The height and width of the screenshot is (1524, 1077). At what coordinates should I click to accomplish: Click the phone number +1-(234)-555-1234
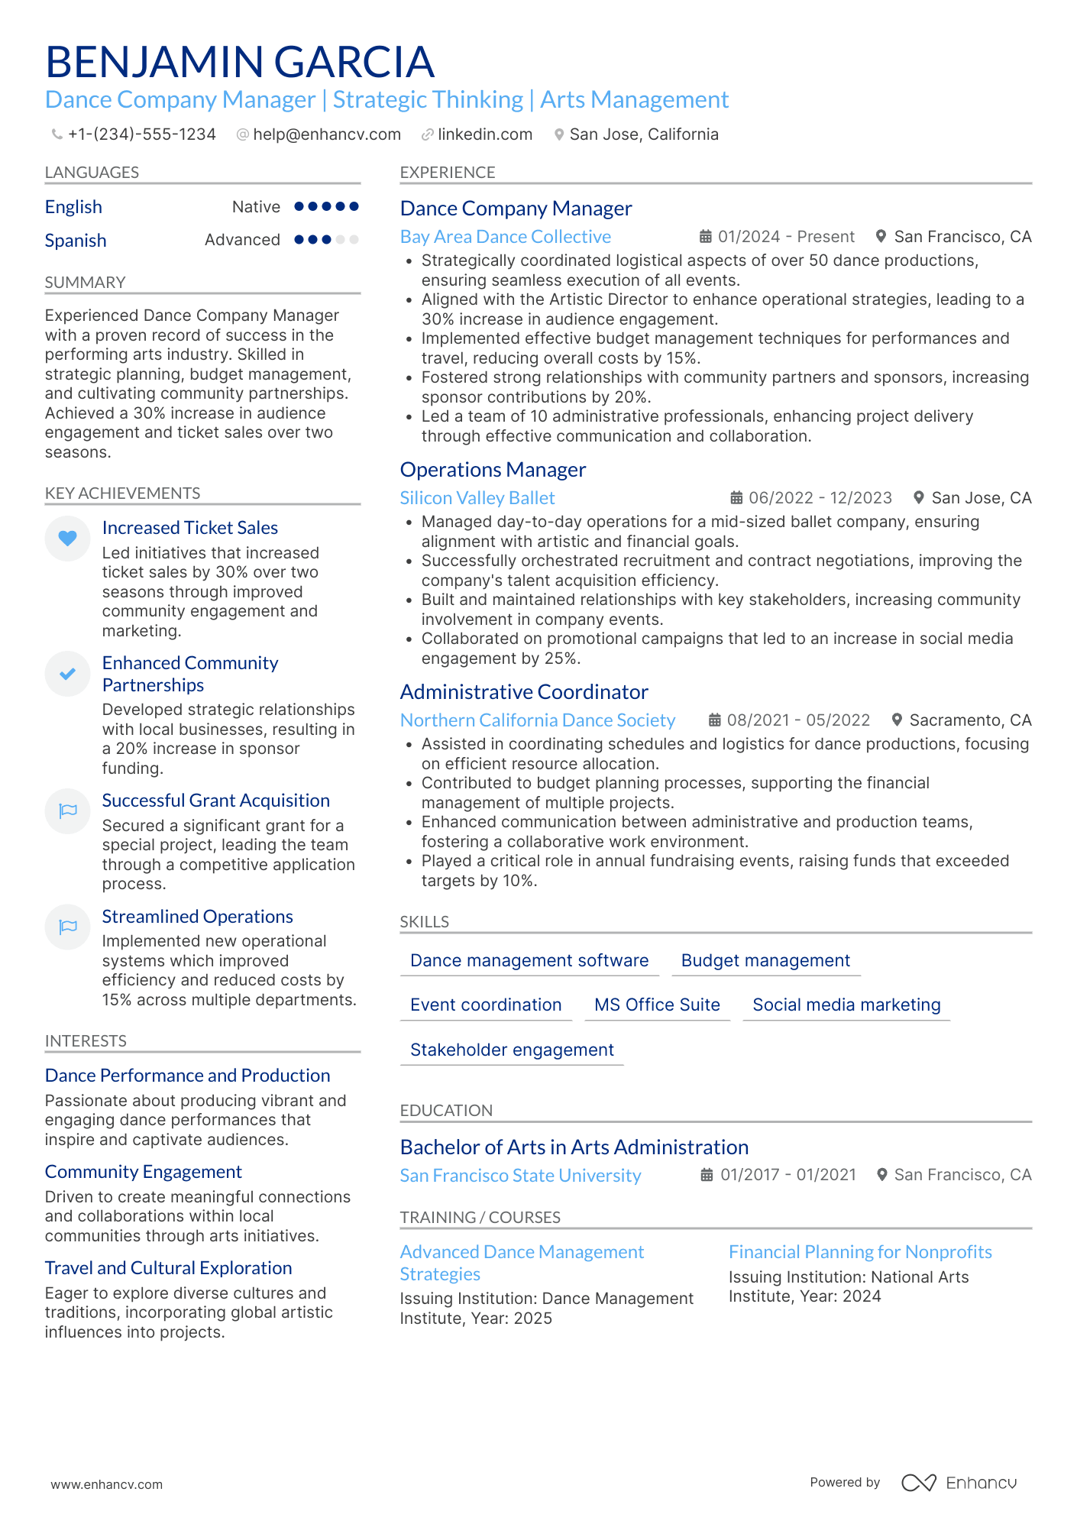click(141, 134)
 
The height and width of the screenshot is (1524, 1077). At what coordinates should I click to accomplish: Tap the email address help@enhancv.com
click(326, 134)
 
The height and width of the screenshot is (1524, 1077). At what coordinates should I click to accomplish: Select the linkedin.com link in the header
click(484, 134)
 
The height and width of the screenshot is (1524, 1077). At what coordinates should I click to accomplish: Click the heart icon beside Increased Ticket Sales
click(68, 539)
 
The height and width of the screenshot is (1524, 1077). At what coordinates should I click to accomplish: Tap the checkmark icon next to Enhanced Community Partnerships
click(68, 674)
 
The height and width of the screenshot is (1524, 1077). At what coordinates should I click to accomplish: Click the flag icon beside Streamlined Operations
click(68, 927)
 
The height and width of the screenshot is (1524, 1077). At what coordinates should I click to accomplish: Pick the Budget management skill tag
click(765, 961)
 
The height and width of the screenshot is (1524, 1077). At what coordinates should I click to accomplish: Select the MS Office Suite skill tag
click(657, 1005)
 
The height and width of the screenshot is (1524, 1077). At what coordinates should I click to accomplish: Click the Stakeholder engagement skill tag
click(512, 1050)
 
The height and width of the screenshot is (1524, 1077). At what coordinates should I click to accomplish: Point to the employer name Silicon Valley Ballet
click(477, 498)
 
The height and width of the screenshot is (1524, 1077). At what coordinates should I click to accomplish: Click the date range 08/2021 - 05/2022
click(798, 720)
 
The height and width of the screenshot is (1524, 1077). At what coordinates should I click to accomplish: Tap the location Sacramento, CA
click(970, 720)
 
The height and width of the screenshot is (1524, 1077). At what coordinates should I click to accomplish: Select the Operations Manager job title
click(493, 470)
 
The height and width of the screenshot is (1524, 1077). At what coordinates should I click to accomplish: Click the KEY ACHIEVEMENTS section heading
click(122, 493)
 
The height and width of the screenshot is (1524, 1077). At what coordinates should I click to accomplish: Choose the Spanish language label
click(76, 241)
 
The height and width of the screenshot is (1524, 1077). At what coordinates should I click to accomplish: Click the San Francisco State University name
click(520, 1176)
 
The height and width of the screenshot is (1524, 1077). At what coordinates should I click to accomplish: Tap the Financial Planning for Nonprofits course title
click(860, 1252)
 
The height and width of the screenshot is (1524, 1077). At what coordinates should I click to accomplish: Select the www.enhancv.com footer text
click(107, 1484)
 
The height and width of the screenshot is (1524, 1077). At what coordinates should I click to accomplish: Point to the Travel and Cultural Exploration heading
click(168, 1268)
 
